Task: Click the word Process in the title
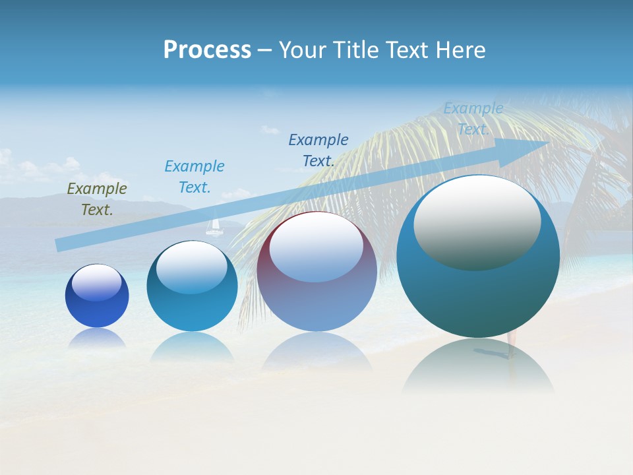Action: [x=207, y=50]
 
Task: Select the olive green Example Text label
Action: [x=97, y=199]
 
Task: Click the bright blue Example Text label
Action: [x=195, y=177]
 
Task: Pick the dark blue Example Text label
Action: [x=318, y=150]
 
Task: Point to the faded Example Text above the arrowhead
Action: [x=473, y=119]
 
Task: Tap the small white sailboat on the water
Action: [x=213, y=228]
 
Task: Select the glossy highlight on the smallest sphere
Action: [x=97, y=282]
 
